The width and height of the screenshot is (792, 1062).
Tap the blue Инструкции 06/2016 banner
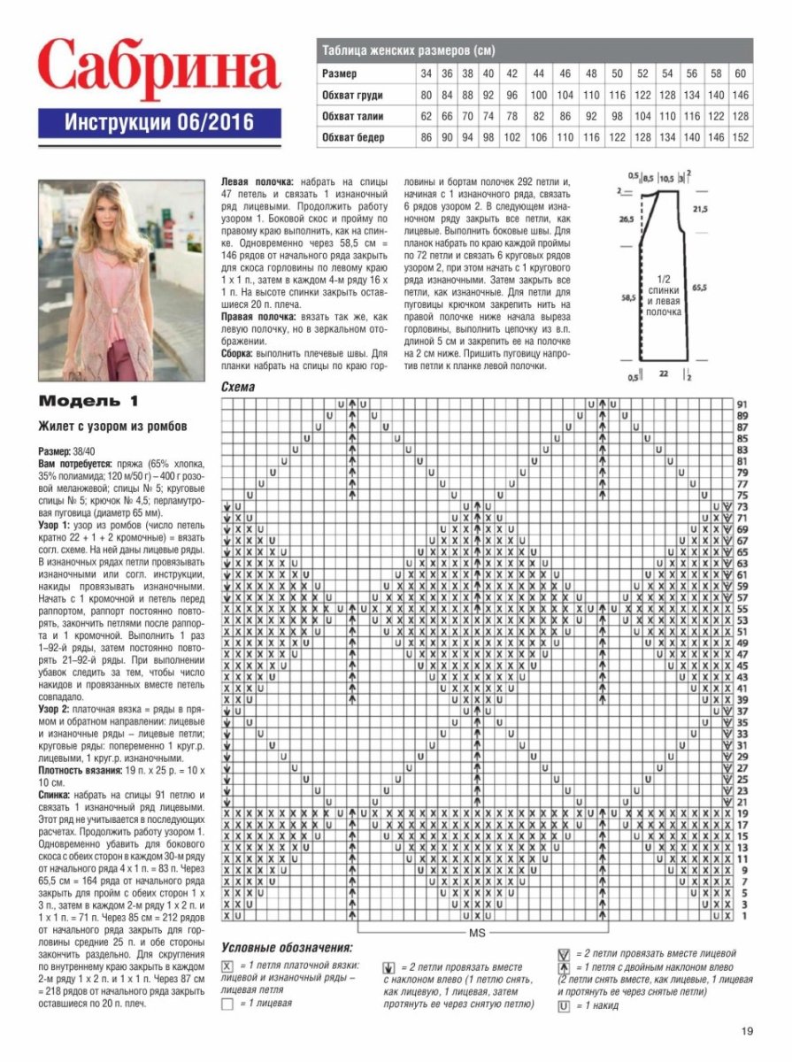[159, 122]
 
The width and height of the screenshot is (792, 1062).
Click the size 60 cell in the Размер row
[741, 73]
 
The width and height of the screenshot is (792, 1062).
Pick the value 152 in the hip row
[741, 138]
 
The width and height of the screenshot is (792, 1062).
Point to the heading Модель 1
[89, 399]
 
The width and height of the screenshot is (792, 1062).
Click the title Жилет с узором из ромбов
[112, 426]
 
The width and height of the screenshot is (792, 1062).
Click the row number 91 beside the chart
[742, 404]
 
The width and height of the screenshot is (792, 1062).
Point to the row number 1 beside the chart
[742, 916]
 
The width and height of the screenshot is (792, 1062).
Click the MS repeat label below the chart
[484, 933]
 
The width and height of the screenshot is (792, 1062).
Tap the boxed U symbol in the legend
[563, 1006]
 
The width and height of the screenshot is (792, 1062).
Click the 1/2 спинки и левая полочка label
[664, 295]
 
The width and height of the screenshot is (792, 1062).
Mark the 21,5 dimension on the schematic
[700, 209]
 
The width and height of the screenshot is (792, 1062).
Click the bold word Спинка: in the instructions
[58, 796]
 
